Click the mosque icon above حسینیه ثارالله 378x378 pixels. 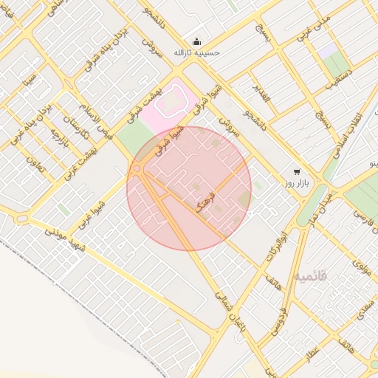tap(196, 41)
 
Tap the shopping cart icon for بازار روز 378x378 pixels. tap(297, 171)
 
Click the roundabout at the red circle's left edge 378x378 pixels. tap(137, 169)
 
